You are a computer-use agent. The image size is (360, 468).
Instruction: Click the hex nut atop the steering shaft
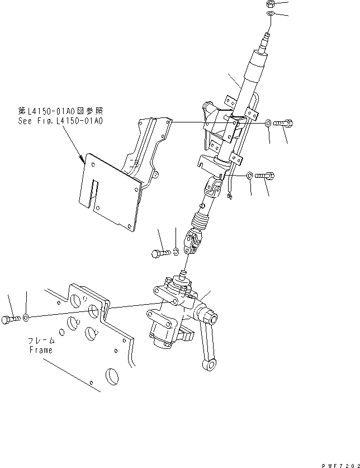pyautogui.click(x=271, y=4)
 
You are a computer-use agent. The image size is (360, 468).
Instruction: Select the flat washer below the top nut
pyautogui.click(x=271, y=13)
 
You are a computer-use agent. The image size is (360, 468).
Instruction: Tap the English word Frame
pyautogui.click(x=41, y=350)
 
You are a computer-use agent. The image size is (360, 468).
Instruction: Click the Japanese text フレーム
pyautogui.click(x=42, y=341)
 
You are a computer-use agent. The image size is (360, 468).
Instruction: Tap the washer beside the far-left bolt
pyautogui.click(x=26, y=318)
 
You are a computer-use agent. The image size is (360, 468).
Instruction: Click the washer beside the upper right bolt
pyautogui.click(x=269, y=122)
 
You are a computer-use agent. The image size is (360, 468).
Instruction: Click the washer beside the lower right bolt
pyautogui.click(x=249, y=175)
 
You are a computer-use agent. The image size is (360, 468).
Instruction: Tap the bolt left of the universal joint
pyautogui.click(x=159, y=253)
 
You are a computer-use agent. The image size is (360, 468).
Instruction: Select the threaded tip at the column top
pyautogui.click(x=266, y=39)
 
